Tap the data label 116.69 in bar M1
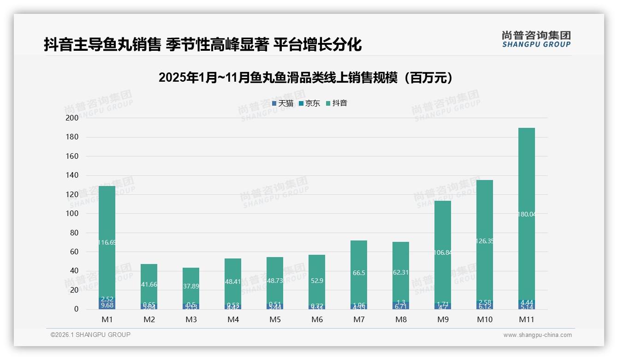coord(107,242)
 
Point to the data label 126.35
coord(484,241)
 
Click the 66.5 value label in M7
coord(359,273)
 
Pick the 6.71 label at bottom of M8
coord(401,306)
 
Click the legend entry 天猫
coord(283,103)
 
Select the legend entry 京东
coord(309,103)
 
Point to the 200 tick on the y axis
coord(73,118)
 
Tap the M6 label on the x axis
coord(317,319)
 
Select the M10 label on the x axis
coord(485,319)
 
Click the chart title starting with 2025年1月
coord(308,78)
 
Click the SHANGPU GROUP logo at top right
coord(536,39)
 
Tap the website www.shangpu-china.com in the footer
coord(537,335)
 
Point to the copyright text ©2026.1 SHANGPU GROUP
coord(90,335)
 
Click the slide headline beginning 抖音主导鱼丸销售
coord(203,45)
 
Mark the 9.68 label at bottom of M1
coord(107,306)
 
